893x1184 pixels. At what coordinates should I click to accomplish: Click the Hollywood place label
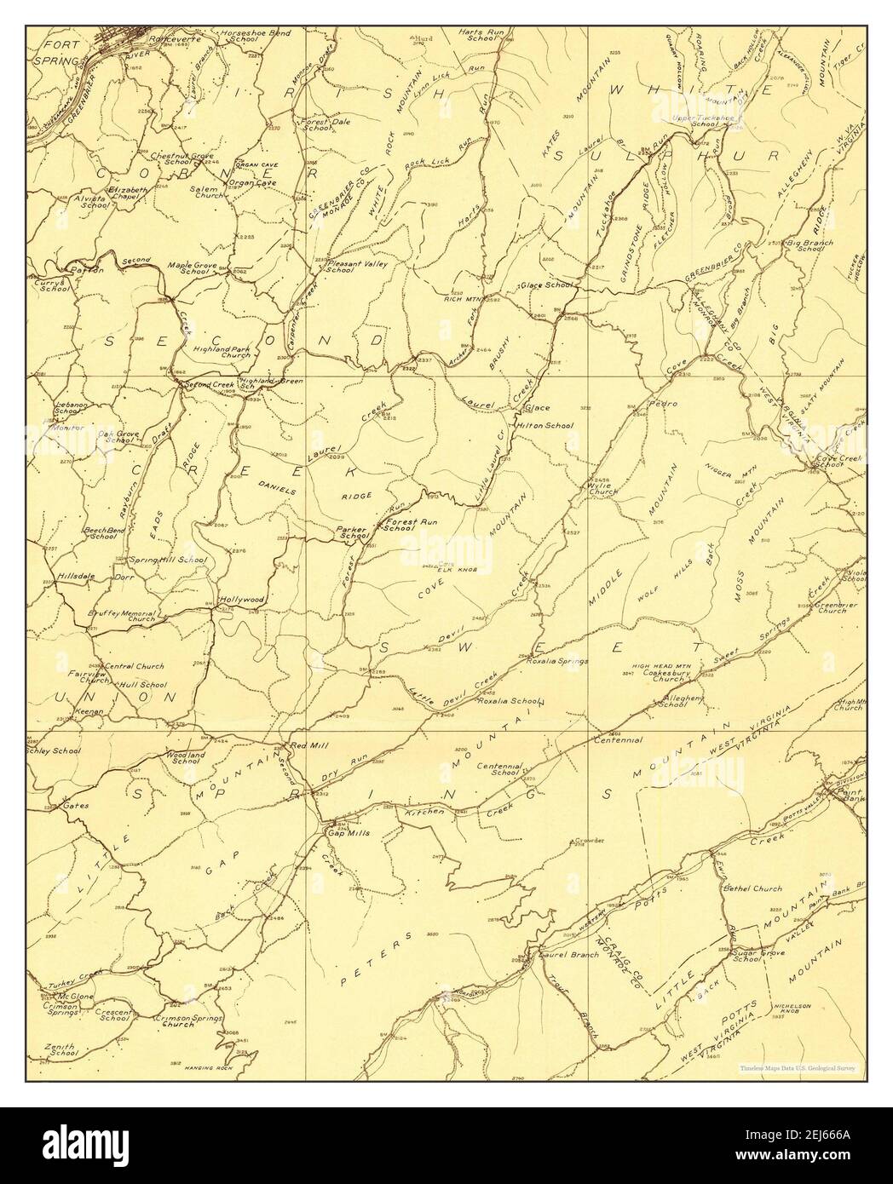click(242, 599)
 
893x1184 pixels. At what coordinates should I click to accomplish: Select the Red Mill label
click(308, 745)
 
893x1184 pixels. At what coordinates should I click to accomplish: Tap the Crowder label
click(589, 841)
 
